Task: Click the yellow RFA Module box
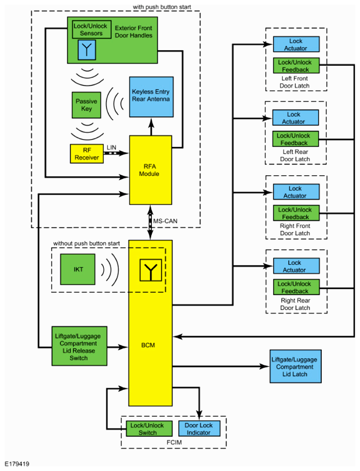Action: point(150,170)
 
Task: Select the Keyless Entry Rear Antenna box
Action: point(150,96)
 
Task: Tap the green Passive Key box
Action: point(86,105)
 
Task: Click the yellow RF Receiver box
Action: point(86,154)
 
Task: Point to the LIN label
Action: point(112,147)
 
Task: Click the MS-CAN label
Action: point(164,222)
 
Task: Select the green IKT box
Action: point(79,269)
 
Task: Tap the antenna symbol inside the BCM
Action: point(150,269)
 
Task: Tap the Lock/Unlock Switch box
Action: point(147,429)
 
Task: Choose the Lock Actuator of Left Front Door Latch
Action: point(295,44)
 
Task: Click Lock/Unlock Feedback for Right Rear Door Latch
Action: point(295,287)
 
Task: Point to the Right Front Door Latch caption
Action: point(295,230)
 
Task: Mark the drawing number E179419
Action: point(18,464)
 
